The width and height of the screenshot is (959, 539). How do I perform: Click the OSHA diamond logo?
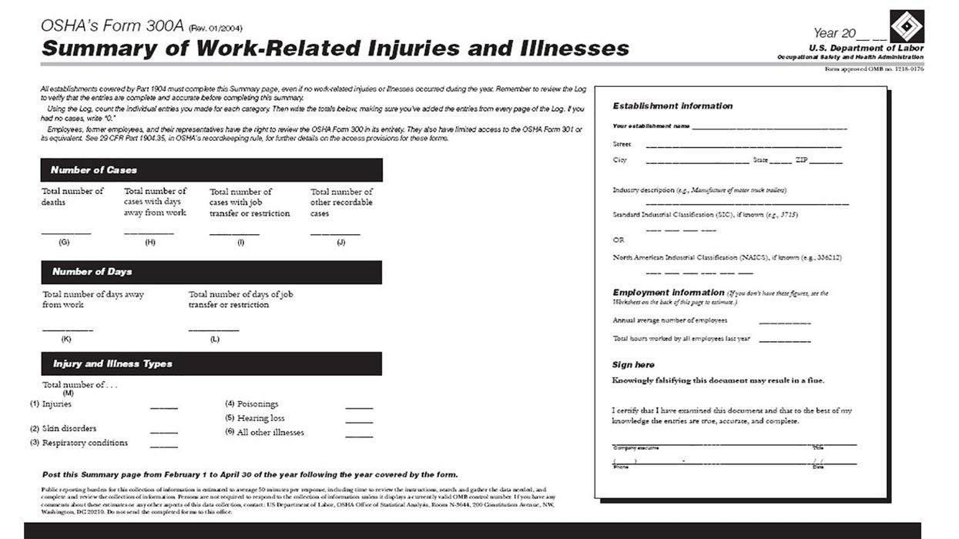tap(907, 25)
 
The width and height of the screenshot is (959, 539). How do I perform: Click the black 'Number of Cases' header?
tap(211, 170)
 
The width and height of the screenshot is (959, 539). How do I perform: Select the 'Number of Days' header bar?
tap(211, 272)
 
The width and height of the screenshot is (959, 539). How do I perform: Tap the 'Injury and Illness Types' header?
tap(211, 363)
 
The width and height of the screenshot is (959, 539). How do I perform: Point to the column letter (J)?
tap(340, 243)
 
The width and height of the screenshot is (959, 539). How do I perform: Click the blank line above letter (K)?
tap(67, 330)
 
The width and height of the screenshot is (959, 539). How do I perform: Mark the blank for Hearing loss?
tap(359, 422)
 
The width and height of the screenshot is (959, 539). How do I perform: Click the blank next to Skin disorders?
tap(163, 432)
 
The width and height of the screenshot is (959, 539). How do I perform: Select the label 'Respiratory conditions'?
tap(85, 444)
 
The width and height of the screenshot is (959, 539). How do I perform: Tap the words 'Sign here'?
tap(633, 365)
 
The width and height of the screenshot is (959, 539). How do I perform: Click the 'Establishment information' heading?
tap(672, 106)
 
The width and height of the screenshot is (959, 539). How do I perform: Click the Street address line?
tap(743, 146)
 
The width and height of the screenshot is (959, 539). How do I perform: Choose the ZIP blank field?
tap(825, 162)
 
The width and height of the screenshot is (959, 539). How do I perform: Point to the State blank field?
tap(780, 162)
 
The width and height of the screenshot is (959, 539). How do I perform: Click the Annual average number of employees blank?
tap(784, 323)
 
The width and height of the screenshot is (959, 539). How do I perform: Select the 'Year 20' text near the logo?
tap(836, 33)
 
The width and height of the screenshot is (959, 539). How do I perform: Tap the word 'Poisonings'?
tap(257, 404)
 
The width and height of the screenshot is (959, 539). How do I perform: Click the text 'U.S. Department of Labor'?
tap(866, 49)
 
